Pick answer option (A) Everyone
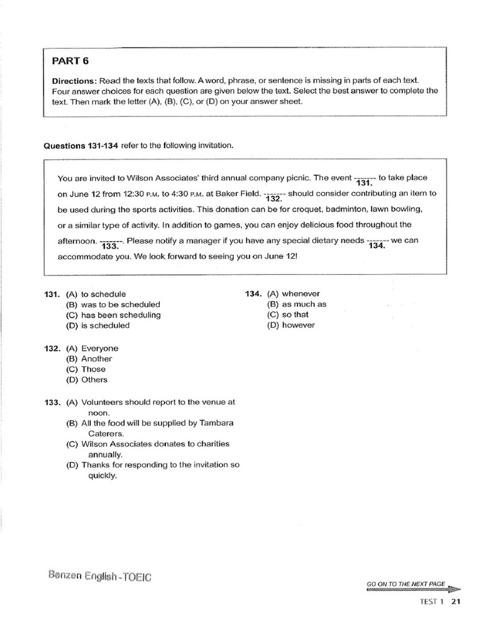[x=92, y=349]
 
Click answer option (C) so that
[x=288, y=315]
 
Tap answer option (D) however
[x=291, y=326]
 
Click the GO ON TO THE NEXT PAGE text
[x=406, y=584]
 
